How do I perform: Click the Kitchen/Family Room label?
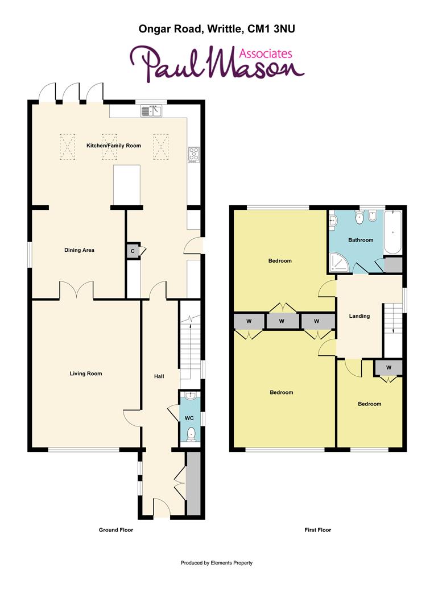click(x=113, y=146)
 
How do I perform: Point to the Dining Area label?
click(x=79, y=250)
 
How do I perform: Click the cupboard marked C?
click(x=133, y=251)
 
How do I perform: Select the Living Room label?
click(x=86, y=374)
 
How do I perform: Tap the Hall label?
click(x=159, y=376)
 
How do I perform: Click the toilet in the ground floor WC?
click(x=192, y=434)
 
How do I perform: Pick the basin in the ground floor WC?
click(x=191, y=397)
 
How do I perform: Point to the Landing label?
click(x=359, y=316)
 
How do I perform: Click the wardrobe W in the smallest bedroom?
click(x=388, y=367)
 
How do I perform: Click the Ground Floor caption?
click(x=116, y=530)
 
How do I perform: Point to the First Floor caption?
click(x=317, y=530)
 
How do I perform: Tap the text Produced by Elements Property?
click(x=216, y=563)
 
